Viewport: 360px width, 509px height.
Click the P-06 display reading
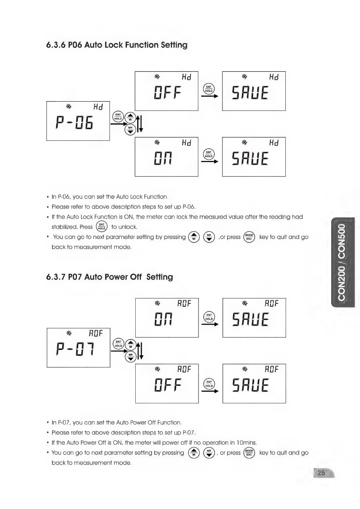74,123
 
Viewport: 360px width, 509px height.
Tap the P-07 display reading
74,349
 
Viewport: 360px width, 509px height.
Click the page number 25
321,473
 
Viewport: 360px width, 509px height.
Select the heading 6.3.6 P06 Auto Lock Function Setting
117,45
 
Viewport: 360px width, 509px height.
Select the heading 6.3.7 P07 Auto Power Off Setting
110,277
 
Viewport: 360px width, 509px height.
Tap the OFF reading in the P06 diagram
167,93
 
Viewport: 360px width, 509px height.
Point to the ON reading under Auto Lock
163,158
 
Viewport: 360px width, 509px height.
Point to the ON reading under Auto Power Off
163,319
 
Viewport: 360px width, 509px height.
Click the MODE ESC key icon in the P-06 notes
249,237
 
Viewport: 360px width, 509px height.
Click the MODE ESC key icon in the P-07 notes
249,453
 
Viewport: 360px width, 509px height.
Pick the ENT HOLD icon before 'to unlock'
102,226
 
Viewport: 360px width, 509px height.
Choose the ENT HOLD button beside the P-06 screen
118,117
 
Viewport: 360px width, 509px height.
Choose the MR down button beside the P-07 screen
130,356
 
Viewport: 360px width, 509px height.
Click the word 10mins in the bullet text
246,442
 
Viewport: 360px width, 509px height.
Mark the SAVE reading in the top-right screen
250,93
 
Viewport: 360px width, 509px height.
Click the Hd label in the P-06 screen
98,107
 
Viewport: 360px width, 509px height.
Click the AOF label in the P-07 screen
96,333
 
